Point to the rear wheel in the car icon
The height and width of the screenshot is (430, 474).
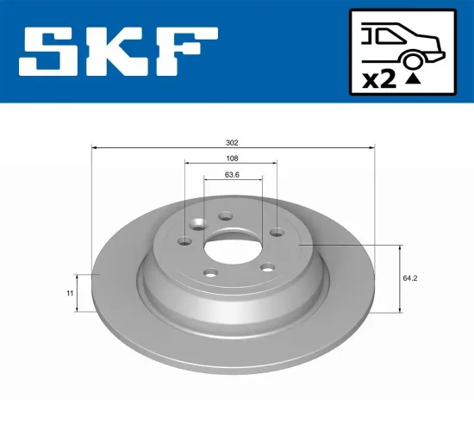pos(413,57)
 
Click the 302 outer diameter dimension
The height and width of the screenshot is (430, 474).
pos(231,142)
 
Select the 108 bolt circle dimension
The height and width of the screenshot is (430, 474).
pos(231,159)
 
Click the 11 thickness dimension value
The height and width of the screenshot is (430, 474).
pos(68,294)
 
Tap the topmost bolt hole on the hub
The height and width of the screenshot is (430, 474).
pos(225,217)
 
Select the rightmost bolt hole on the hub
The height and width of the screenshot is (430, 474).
pos(276,231)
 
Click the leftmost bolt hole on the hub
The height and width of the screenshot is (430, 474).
pos(184,242)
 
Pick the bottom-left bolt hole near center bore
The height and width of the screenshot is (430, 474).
pos(210,273)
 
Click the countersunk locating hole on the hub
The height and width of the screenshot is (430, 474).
pos(200,225)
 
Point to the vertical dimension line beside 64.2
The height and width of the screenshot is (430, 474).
pos(402,278)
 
